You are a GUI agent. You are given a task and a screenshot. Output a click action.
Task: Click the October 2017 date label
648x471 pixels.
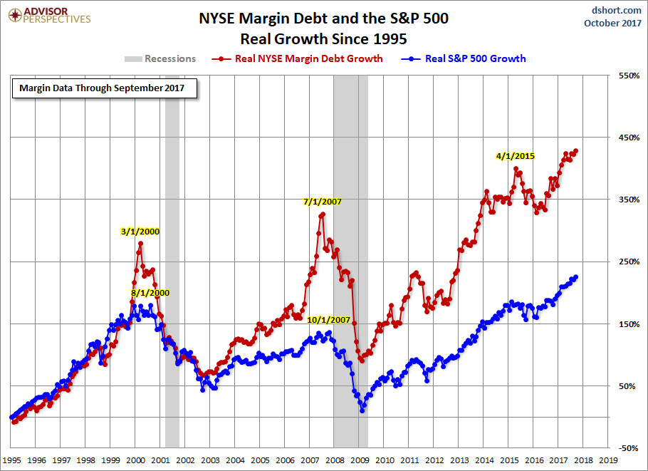[x=612, y=23]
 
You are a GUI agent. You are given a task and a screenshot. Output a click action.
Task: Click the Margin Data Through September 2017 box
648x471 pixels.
[x=102, y=88]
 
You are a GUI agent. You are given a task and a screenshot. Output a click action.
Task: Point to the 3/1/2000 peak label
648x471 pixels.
[x=141, y=231]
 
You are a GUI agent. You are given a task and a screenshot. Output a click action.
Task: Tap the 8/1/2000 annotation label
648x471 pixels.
[x=150, y=293]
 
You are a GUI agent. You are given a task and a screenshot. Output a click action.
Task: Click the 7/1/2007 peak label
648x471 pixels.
[x=323, y=202]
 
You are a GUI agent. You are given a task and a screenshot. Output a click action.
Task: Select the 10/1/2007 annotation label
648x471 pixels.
[x=329, y=320]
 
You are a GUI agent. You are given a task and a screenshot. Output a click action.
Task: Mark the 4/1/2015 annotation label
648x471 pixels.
[x=516, y=155]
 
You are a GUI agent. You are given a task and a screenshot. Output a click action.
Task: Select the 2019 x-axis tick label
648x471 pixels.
[x=608, y=461]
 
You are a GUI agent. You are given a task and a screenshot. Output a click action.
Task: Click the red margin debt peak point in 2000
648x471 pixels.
[x=140, y=244]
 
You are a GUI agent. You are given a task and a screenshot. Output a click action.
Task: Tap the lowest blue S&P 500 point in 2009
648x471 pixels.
[x=362, y=410]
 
